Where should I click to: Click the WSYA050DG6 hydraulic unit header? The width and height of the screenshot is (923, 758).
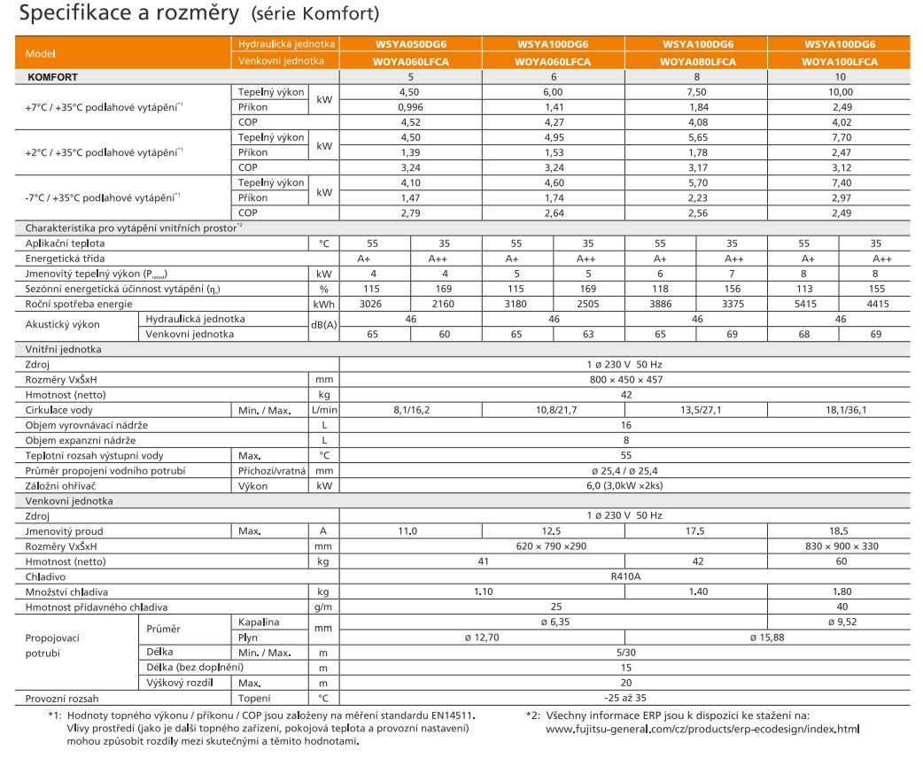click(x=410, y=44)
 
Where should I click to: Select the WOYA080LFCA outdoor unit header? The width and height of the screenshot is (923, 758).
click(x=697, y=62)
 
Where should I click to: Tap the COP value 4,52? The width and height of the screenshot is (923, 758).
click(x=410, y=121)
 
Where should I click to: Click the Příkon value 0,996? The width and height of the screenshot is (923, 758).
click(x=410, y=106)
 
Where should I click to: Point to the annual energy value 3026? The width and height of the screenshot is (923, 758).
click(x=375, y=304)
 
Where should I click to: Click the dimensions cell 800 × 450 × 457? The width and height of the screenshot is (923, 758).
click(x=625, y=379)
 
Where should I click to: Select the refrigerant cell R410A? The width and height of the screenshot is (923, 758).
click(x=625, y=576)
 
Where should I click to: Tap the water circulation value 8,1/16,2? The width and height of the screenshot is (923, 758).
click(x=410, y=410)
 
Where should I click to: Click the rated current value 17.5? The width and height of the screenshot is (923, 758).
click(x=697, y=530)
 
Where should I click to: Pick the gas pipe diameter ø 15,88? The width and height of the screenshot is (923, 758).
click(x=768, y=637)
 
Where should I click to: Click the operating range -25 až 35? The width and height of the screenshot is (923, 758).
click(x=625, y=698)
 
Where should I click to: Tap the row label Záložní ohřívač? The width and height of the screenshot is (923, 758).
click(x=59, y=486)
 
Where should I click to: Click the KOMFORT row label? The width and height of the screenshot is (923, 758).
click(x=52, y=77)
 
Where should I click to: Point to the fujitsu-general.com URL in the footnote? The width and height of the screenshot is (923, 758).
click(x=702, y=729)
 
